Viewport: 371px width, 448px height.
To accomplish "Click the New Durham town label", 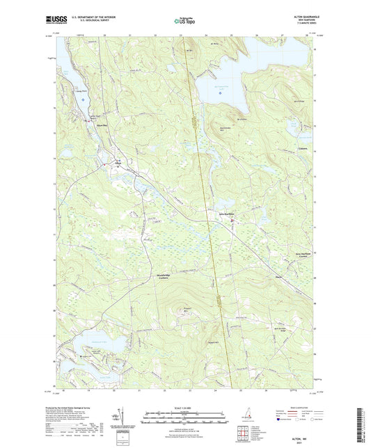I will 227,213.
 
